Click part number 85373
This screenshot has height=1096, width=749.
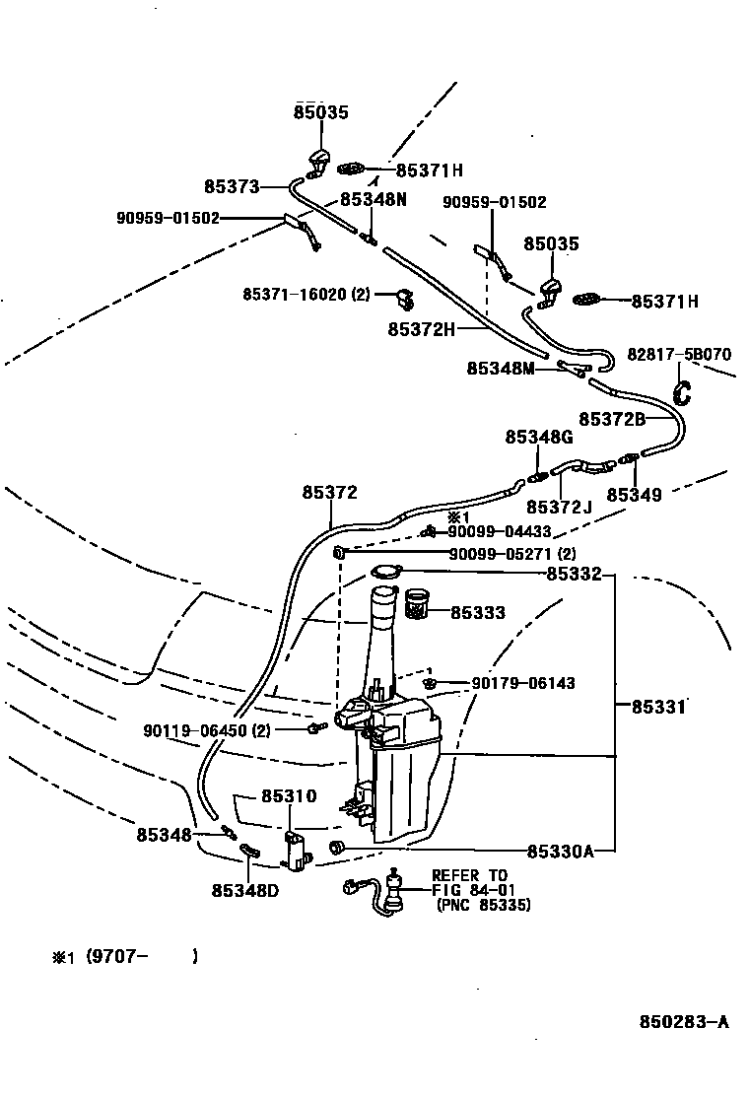pyautogui.click(x=232, y=186)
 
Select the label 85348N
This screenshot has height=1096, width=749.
pyautogui.click(x=374, y=199)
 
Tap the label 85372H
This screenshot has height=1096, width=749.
pyautogui.click(x=422, y=328)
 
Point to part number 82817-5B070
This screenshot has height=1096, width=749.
pyautogui.click(x=680, y=355)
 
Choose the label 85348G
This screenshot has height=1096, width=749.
pyautogui.click(x=539, y=437)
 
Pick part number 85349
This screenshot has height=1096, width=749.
pyautogui.click(x=634, y=495)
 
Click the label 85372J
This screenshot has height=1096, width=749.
pyautogui.click(x=560, y=507)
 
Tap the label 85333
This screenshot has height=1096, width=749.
pyautogui.click(x=478, y=613)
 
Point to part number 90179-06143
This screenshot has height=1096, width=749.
pyautogui.click(x=522, y=683)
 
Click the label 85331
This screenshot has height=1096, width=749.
pyautogui.click(x=659, y=707)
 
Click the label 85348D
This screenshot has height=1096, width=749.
pyautogui.click(x=244, y=890)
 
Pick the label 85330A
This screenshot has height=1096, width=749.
pyautogui.click(x=560, y=851)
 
